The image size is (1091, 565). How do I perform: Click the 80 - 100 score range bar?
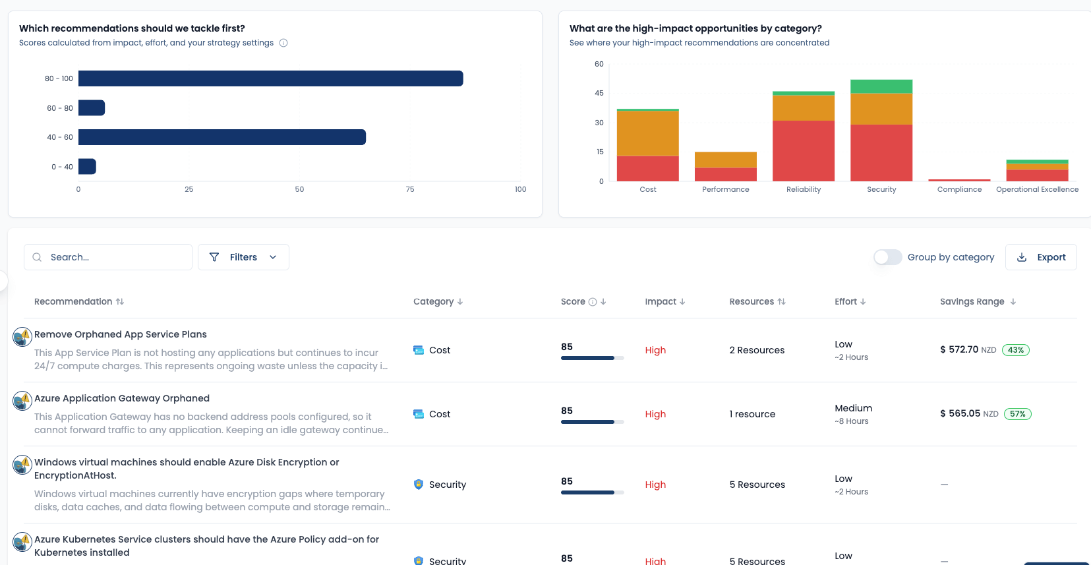(270, 78)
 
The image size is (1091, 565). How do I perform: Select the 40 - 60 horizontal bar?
(221, 137)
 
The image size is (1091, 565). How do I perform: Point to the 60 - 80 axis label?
(60, 108)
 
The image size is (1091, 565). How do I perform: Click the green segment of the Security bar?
(881, 86)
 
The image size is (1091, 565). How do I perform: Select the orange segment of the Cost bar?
(647, 133)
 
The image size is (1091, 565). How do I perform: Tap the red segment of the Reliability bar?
(803, 150)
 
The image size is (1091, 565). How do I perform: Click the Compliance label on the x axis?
(959, 189)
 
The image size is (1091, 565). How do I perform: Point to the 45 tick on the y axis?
(599, 93)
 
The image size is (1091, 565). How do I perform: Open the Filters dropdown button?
(243, 257)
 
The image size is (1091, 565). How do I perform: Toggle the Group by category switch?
(887, 257)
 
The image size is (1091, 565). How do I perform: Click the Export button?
(1041, 257)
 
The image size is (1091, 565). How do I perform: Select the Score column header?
(573, 301)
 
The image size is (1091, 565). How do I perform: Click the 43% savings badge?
(1015, 350)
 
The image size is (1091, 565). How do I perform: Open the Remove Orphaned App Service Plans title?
(121, 334)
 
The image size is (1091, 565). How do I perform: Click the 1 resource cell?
(752, 414)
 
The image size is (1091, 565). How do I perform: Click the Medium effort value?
(853, 408)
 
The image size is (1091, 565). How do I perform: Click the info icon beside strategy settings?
(283, 43)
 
